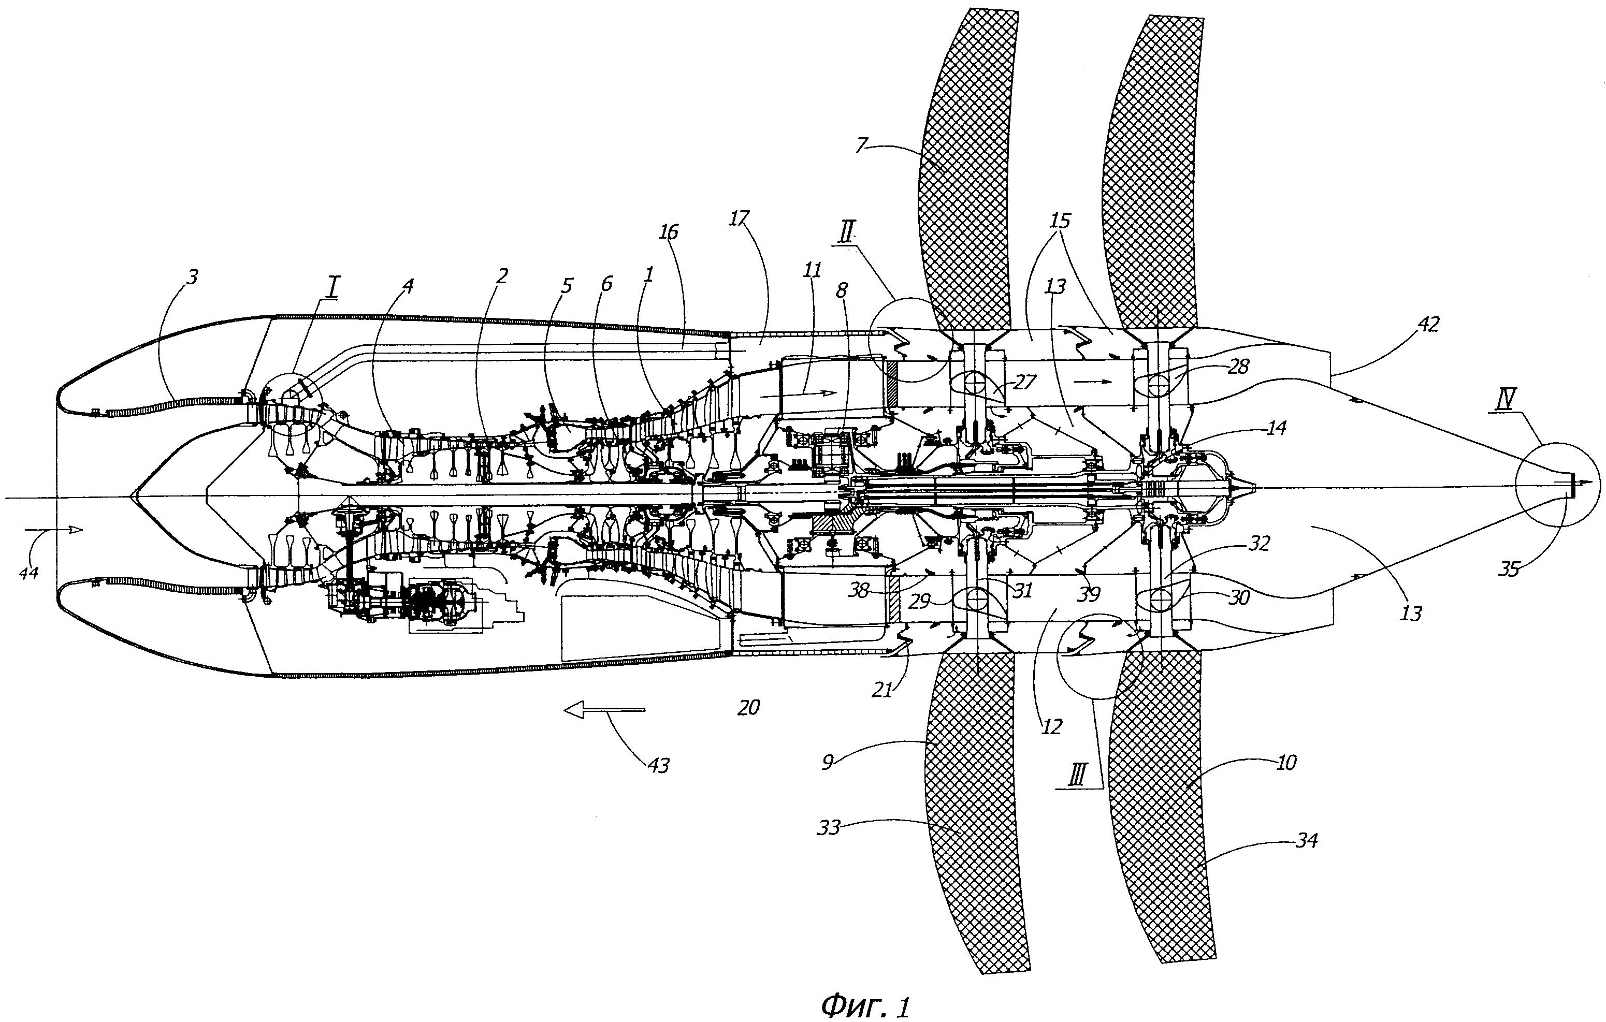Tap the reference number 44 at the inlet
[x=28, y=572]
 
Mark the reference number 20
[x=748, y=707]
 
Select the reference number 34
[x=1305, y=841]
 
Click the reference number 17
[x=739, y=217]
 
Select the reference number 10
[x=1285, y=763]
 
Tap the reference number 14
[x=1276, y=427]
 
